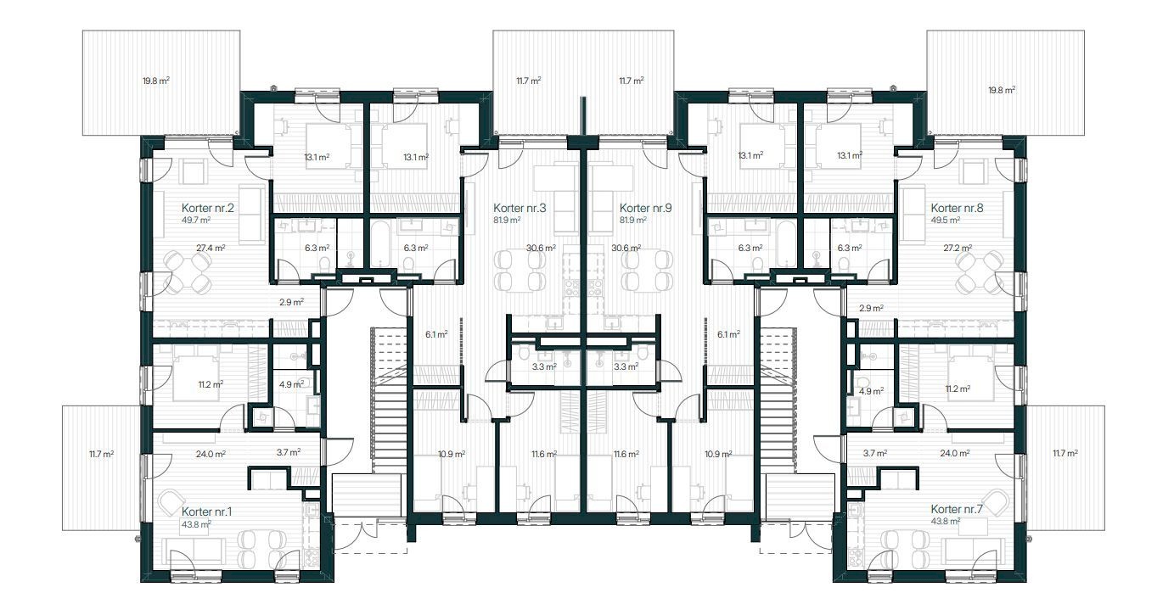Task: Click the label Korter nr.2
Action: click(207, 208)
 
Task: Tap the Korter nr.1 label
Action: click(206, 512)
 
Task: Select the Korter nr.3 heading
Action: click(520, 208)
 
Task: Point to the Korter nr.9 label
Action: click(645, 208)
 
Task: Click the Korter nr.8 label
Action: click(957, 208)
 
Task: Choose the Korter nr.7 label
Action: click(957, 509)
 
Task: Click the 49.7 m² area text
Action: click(196, 220)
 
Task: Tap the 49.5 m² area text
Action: click(946, 220)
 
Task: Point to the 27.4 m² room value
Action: click(211, 248)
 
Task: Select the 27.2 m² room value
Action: click(958, 248)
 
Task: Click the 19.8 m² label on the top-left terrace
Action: click(155, 81)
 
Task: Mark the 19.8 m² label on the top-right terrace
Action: click(1002, 90)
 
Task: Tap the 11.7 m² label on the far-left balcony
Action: click(101, 454)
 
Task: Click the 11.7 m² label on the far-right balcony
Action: click(1065, 453)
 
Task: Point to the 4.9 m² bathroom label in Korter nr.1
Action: click(291, 384)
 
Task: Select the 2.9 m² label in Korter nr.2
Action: click(291, 302)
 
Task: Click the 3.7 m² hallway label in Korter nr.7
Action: click(874, 453)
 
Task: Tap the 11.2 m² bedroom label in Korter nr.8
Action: click(958, 389)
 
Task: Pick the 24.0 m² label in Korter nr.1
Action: click(211, 454)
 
